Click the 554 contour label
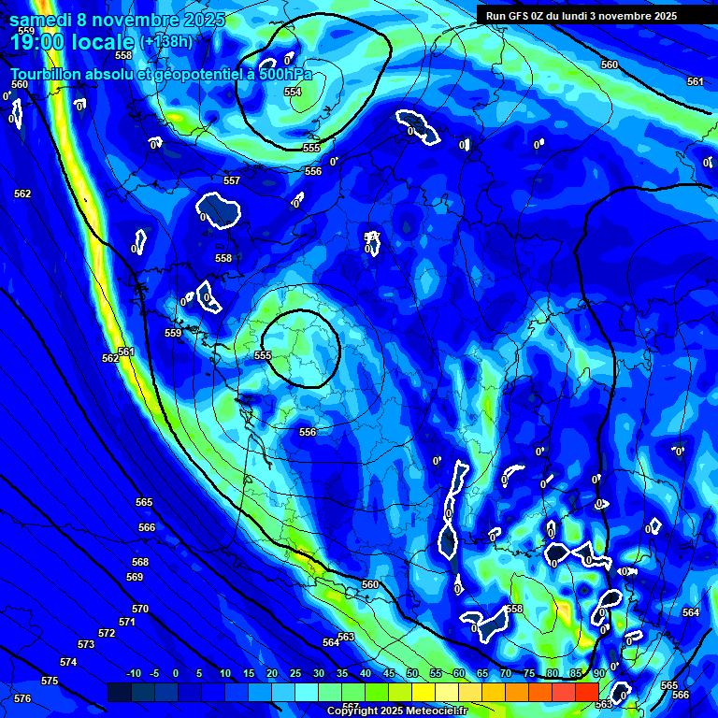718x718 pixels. (293, 92)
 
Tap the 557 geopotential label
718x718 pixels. (232, 180)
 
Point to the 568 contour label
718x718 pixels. (140, 562)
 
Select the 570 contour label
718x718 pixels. (140, 609)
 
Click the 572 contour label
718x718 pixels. (107, 633)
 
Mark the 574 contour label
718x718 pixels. (68, 662)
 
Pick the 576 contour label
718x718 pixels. (22, 698)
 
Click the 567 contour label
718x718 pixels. (350, 706)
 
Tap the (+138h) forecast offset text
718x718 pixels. (166, 41)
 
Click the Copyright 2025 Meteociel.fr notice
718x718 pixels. (397, 711)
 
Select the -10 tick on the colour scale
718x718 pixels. (132, 673)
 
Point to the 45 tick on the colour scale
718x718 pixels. (389, 673)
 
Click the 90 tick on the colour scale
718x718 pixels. (598, 673)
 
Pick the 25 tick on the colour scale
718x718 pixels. (295, 673)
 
